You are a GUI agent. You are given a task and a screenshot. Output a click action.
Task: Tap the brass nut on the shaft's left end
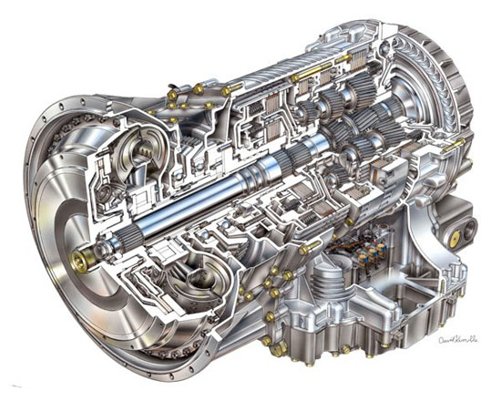click(x=81, y=262)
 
